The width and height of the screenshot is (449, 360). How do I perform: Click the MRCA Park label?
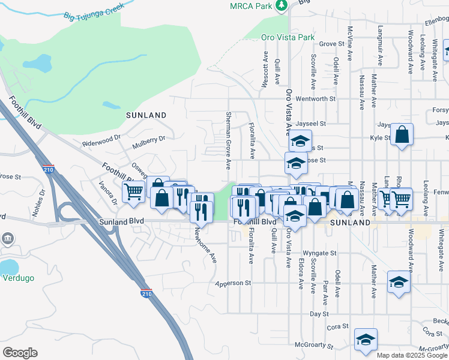[251, 5]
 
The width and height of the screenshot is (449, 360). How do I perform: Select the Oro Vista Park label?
[288, 37]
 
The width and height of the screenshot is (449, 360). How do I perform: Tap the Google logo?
[20, 353]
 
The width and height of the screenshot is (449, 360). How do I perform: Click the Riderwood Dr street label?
[101, 142]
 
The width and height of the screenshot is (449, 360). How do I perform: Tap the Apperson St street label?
[234, 281]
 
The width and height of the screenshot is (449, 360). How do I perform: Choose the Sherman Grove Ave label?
[228, 140]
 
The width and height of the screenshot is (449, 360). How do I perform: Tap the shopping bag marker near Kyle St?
[402, 136]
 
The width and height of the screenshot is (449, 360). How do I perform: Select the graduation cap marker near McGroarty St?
[365, 340]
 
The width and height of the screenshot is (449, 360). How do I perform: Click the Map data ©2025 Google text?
[412, 355]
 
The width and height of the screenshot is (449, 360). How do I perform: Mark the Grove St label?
[331, 44]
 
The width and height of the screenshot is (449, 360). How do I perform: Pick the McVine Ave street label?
[351, 42]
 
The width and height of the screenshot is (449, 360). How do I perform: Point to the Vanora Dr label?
[108, 192]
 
